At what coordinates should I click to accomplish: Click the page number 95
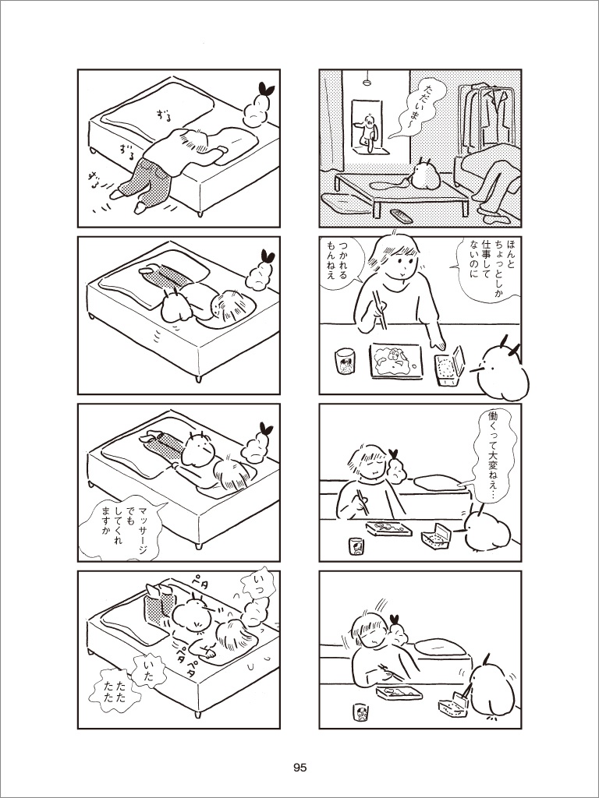[300, 768]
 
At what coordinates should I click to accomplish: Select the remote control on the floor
[402, 216]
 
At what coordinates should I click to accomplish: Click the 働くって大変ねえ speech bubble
[492, 452]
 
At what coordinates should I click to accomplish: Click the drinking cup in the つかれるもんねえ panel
[346, 362]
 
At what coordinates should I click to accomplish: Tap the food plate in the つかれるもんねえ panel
[396, 361]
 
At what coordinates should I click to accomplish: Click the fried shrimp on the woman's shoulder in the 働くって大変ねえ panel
[395, 466]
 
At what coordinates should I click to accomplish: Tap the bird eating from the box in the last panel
[491, 687]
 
